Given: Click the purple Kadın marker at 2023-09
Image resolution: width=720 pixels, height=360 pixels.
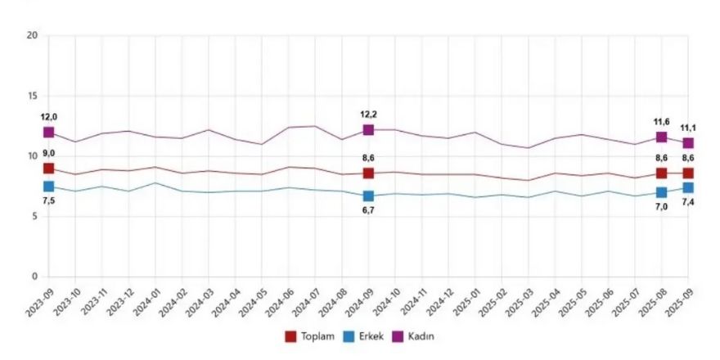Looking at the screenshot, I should pos(49,133).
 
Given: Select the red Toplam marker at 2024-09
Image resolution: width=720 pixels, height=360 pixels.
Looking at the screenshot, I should pos(368,173).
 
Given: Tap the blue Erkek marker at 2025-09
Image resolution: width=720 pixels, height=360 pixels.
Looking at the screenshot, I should pos(688,188).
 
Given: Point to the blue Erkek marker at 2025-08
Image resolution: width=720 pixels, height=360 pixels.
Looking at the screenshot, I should pos(661,193).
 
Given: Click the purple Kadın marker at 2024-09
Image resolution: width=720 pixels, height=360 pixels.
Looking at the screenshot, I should pos(368,130).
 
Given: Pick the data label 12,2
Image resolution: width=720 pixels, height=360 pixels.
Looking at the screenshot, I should pos(368,115).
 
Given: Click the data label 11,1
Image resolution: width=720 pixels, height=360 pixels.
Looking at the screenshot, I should pos(689,128).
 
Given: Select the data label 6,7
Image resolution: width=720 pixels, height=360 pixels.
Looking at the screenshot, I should pos(368,210).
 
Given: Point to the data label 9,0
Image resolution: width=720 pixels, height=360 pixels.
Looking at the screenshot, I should pos(48,153).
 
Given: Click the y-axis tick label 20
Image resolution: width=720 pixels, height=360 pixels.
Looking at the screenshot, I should pos(32,36).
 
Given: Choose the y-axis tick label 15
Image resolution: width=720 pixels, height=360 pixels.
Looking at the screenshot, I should pos(32,97).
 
